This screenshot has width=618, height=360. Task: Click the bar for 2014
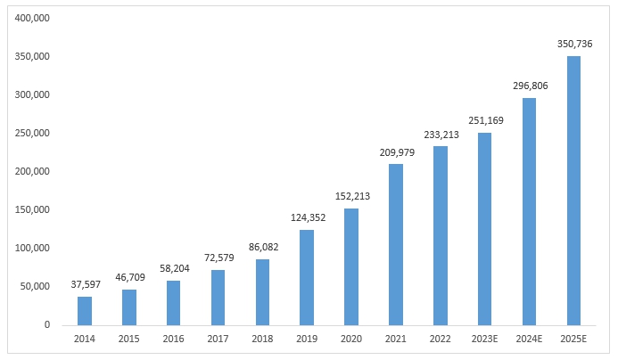85,310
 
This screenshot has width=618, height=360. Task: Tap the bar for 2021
396,244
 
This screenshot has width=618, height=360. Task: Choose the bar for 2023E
484,229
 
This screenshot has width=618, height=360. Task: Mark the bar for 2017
218,297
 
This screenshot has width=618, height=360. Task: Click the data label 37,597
85,285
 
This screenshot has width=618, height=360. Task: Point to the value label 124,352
307,218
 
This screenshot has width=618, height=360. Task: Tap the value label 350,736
573,45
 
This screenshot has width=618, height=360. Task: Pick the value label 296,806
529,86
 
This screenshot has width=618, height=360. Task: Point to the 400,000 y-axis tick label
32,19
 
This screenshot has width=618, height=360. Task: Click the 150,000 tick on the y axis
32,210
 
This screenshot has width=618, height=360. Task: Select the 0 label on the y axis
46,325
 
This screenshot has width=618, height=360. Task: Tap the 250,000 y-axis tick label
32,134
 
